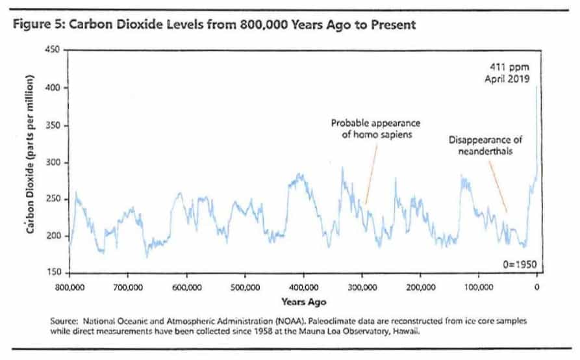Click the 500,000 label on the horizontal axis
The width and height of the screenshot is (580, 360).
click(245, 287)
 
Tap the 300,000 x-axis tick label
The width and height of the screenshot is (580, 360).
click(362, 287)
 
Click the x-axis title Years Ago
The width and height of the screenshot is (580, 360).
click(303, 302)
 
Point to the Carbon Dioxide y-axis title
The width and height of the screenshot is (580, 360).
click(31, 161)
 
